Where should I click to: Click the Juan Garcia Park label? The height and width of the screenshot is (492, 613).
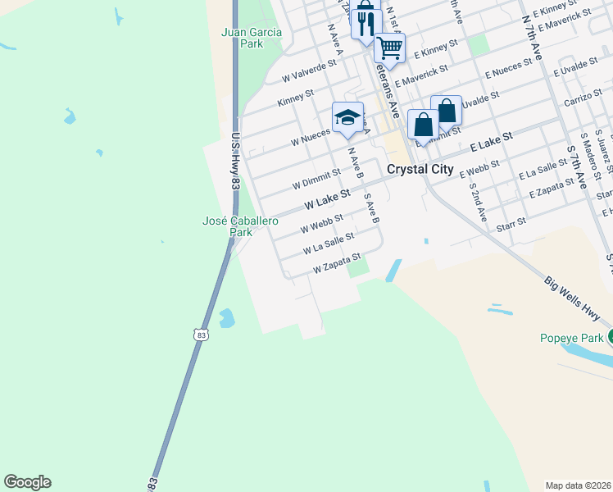coord(252,38)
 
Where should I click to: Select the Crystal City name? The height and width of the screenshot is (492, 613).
coord(419,169)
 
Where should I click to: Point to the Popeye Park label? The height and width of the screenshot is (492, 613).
coord(572,338)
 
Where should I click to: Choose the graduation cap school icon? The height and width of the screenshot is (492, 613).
coord(347,116)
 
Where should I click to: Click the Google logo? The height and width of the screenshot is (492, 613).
coord(27,482)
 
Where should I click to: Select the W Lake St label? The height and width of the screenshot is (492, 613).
coord(327,198)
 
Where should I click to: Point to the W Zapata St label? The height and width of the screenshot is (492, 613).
coord(337,266)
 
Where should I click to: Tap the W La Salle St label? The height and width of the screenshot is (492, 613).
coord(328,243)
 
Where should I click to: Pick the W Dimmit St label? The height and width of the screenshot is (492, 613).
coord(316,177)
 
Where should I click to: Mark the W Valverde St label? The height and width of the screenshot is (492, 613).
coord(309,70)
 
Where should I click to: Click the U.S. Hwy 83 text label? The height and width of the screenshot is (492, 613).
coord(234,162)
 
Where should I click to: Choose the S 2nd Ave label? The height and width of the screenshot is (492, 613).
coord(477,202)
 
